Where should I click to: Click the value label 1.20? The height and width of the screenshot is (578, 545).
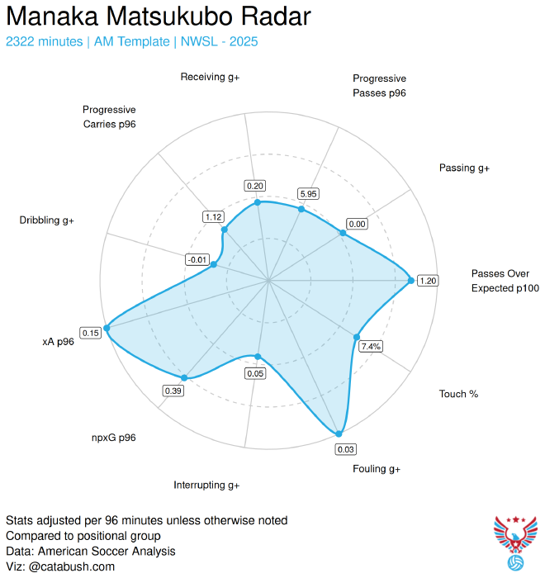pos(428,281)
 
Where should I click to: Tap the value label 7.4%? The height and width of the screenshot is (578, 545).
pos(372,346)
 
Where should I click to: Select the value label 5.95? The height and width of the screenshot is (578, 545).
pos(309,194)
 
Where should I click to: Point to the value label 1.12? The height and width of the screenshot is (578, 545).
pos(213,217)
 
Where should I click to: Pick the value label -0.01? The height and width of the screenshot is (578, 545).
pos(197,259)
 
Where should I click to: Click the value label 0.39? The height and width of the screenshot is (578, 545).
pos(173,391)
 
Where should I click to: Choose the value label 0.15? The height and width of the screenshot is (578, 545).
pos(91,333)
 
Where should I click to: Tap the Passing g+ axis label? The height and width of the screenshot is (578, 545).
pos(464,168)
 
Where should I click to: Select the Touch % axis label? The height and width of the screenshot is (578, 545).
pos(458,394)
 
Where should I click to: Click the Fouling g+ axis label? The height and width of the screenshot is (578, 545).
pos(376,469)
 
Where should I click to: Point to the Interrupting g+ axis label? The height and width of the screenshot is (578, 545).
pos(206,485)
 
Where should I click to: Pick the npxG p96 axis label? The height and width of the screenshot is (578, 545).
pos(114,438)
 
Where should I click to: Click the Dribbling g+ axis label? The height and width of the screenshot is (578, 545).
pos(47,220)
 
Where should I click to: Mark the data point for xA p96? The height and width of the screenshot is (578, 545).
pos(106,329)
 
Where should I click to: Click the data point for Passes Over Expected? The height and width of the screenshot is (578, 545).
pos(411,281)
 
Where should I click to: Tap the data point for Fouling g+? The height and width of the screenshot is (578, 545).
pos(338,433)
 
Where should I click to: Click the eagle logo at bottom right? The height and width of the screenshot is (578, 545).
pos(515,542)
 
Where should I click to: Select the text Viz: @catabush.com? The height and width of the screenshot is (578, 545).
pos(60,566)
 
